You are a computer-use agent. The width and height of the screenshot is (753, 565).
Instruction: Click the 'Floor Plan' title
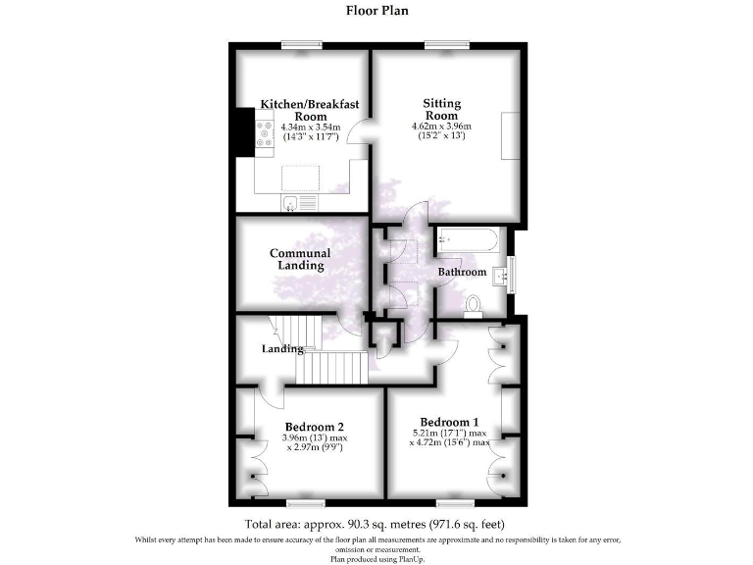point(376,11)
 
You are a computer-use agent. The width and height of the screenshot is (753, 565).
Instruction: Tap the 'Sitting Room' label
point(442,109)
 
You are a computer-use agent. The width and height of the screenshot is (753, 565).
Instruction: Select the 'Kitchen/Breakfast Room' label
point(310,109)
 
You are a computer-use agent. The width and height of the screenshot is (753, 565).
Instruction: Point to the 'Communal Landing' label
point(300,259)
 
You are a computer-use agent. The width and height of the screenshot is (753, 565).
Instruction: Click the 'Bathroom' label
point(462,272)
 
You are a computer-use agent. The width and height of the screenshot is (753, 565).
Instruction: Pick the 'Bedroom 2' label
point(314,427)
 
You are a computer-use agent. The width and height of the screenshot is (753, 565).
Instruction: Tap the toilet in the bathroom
point(474,305)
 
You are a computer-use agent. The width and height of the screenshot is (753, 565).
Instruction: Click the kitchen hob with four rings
point(265,133)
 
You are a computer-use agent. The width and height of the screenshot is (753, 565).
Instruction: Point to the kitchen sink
point(291,203)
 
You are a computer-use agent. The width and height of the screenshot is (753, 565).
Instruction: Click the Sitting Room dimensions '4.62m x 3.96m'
point(442,127)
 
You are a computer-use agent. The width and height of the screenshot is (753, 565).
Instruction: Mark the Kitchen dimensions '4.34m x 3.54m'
point(310,128)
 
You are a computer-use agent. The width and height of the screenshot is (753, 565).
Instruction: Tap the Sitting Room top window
point(447,43)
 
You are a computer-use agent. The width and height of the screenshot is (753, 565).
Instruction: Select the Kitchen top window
point(301,43)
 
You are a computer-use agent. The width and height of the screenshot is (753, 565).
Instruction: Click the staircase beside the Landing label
point(333,368)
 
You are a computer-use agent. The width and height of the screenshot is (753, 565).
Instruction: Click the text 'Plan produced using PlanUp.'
point(376,558)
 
